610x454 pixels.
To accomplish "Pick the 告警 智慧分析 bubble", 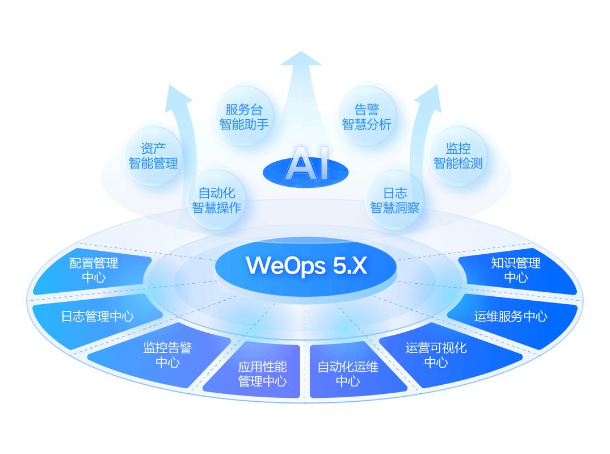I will (367, 116).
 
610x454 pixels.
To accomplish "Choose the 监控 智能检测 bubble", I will (458, 156).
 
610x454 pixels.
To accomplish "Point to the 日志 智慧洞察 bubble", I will (395, 200).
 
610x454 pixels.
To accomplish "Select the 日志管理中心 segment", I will (97, 316).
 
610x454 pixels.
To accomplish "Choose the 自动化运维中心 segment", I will (348, 373).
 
